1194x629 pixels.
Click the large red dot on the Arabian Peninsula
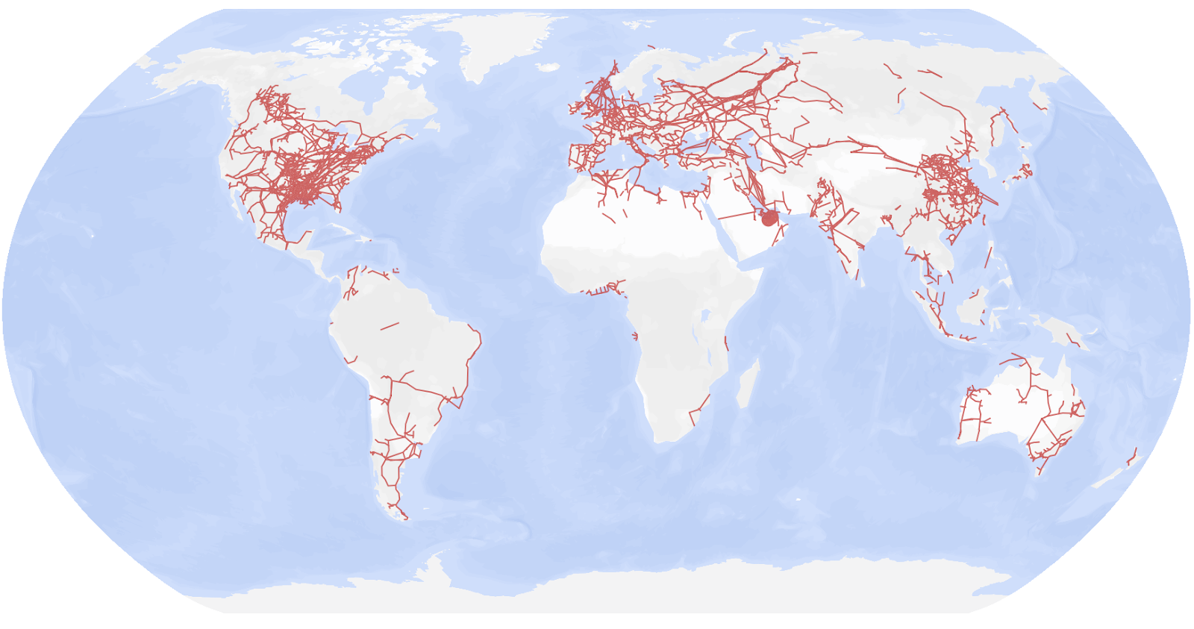(x=769, y=219)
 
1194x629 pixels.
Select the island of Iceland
(x=548, y=67)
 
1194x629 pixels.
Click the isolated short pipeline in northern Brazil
(x=390, y=326)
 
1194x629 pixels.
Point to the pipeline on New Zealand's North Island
(x=1132, y=457)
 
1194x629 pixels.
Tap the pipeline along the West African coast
(x=601, y=290)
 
